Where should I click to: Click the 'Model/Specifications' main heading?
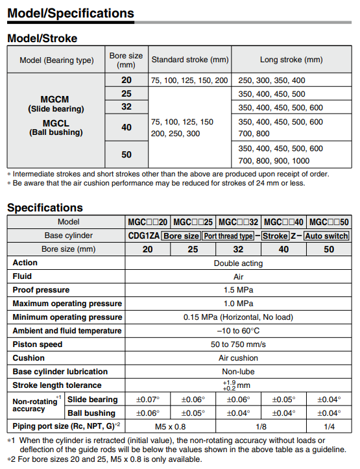pyautogui.click(x=71, y=13)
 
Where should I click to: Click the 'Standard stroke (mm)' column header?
pyautogui.click(x=189, y=60)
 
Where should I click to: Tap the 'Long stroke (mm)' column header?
pyautogui.click(x=291, y=60)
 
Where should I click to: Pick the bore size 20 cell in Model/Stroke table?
pyautogui.click(x=126, y=80)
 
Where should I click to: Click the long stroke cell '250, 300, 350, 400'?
pyautogui.click(x=271, y=80)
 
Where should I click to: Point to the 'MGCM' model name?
pyautogui.click(x=55, y=100)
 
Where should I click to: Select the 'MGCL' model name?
pyautogui.click(x=55, y=123)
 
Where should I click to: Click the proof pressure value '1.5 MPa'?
pyautogui.click(x=238, y=290)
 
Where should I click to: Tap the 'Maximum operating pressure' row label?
pyautogui.click(x=67, y=304)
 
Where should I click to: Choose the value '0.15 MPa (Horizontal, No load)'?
pyautogui.click(x=238, y=317)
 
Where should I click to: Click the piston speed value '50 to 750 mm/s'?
pyautogui.click(x=238, y=344)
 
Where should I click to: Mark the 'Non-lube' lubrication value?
pyautogui.click(x=238, y=372)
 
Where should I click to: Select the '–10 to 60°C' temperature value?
pyautogui.click(x=238, y=331)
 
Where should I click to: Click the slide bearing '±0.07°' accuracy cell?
pyautogui.click(x=148, y=400)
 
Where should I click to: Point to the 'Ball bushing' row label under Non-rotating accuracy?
pyautogui.click(x=91, y=413)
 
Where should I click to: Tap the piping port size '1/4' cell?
pyautogui.click(x=329, y=427)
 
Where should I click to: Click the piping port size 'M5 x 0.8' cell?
pyautogui.click(x=171, y=427)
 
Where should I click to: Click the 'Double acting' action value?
pyautogui.click(x=238, y=263)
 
